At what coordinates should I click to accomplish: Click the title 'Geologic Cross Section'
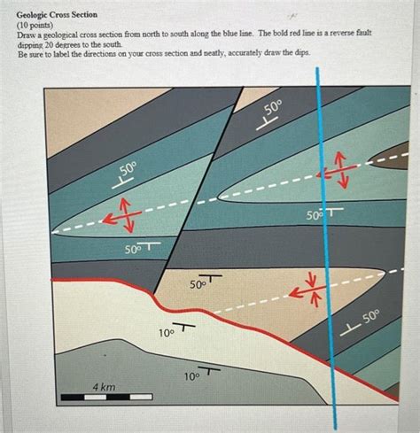coord(57,16)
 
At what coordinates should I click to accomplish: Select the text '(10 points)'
coord(36,26)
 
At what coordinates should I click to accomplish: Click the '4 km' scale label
coord(104,388)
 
